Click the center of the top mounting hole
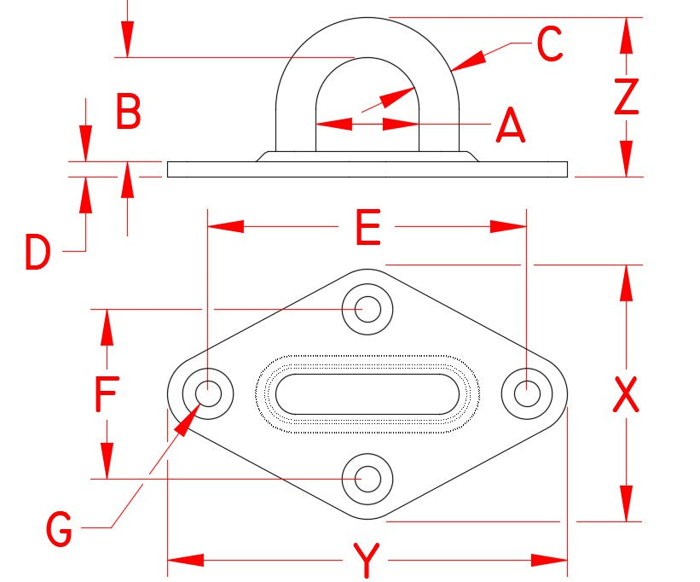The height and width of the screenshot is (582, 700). point(367,309)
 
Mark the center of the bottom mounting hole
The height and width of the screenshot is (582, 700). point(367,479)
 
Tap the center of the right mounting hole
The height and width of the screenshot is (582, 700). point(527,394)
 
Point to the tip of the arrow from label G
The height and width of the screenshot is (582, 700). point(200,404)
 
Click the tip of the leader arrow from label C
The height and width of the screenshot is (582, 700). point(451,71)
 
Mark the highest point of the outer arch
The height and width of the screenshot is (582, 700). point(367,18)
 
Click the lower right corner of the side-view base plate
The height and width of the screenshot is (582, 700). point(567,177)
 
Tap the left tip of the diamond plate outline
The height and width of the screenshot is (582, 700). point(167,394)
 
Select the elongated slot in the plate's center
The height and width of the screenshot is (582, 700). point(367,394)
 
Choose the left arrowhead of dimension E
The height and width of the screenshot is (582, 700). point(225,227)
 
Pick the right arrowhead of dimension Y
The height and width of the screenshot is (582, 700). point(549,560)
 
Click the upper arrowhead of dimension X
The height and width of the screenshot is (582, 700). point(627,282)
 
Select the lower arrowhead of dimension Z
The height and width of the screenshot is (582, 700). point(627,159)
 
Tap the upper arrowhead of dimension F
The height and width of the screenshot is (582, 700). point(107,327)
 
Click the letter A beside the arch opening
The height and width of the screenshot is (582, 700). point(511,125)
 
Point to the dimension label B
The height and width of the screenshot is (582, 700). point(129,111)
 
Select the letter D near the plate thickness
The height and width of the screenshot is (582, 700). point(38,253)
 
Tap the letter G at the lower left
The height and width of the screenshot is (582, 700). point(60,529)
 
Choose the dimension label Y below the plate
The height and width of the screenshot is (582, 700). point(366,560)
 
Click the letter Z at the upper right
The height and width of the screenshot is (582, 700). point(627,96)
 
